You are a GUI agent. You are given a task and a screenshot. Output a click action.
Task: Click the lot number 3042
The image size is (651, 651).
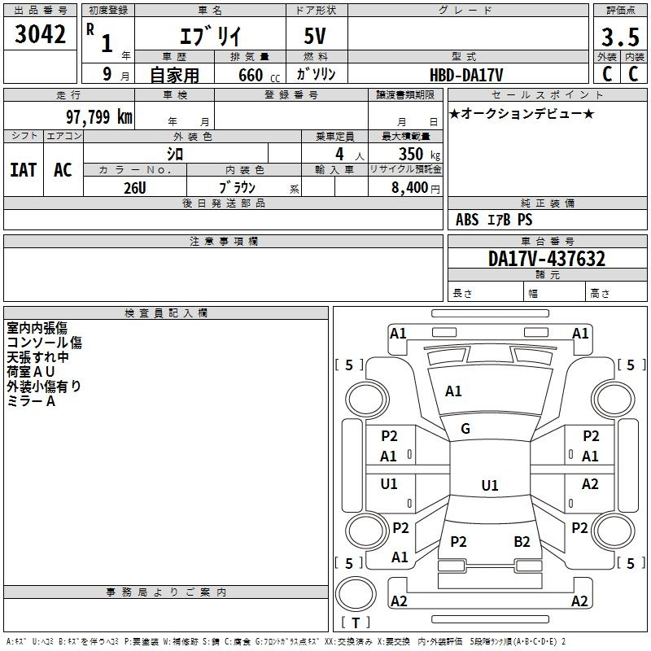click(40, 34)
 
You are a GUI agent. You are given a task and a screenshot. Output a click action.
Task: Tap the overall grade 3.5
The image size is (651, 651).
click(620, 37)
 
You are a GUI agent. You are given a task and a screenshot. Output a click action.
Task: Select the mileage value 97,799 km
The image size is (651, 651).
click(99, 116)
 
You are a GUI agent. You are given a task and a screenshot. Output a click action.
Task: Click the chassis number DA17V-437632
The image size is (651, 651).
click(547, 259)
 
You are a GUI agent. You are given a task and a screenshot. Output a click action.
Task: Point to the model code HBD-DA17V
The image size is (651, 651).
click(466, 75)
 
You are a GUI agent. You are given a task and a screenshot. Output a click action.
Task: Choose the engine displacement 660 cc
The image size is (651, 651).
click(259, 75)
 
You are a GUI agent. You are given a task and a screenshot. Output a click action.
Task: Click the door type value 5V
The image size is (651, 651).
click(315, 36)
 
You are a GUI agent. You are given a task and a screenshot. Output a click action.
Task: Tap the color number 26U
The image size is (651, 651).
click(135, 188)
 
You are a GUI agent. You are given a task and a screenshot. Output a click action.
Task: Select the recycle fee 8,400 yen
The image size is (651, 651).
click(416, 188)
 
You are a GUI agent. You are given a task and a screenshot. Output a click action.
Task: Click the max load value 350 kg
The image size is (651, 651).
click(419, 154)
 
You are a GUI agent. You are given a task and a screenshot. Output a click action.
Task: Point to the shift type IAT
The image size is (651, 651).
click(24, 170)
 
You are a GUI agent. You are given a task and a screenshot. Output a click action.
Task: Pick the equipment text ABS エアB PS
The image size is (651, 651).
click(494, 220)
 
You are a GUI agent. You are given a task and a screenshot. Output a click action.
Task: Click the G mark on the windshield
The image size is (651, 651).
click(465, 429)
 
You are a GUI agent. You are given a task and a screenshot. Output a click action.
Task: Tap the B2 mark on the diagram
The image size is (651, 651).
click(522, 542)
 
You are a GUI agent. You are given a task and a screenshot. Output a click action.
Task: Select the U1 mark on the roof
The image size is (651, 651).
click(490, 485)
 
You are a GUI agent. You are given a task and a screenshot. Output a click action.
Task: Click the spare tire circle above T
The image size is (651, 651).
click(356, 593)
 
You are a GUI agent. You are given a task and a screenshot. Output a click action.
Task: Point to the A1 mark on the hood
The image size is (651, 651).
click(453, 391)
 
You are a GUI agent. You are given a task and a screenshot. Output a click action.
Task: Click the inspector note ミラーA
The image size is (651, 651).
click(31, 401)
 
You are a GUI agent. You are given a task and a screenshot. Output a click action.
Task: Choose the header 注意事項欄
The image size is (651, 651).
click(224, 241)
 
